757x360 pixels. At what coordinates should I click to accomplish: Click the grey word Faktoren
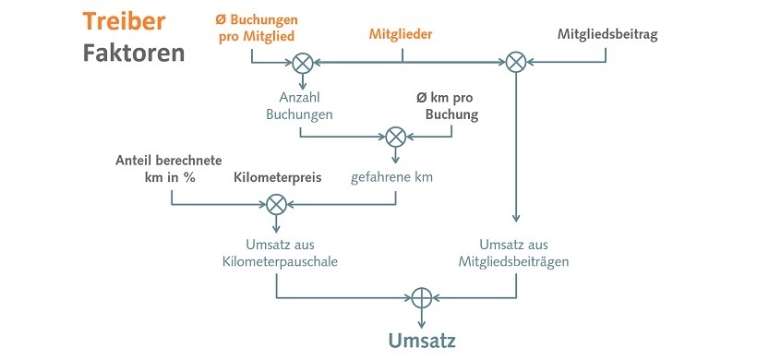(133, 53)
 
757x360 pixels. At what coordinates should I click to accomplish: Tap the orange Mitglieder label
(401, 34)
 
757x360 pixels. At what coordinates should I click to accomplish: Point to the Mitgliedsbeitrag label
(607, 34)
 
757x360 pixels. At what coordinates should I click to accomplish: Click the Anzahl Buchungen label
(299, 105)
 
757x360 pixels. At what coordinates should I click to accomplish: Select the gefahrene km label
(395, 176)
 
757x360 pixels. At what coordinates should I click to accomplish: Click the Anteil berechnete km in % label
(169, 167)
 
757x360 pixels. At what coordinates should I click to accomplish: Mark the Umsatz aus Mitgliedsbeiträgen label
(514, 252)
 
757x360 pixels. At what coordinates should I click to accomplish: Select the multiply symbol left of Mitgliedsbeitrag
(516, 64)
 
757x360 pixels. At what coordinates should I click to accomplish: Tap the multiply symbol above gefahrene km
(395, 136)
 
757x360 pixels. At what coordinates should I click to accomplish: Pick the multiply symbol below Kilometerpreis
(276, 205)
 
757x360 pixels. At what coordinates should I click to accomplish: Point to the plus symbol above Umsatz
(422, 297)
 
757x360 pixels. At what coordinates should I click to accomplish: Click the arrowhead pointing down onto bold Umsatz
(422, 322)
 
